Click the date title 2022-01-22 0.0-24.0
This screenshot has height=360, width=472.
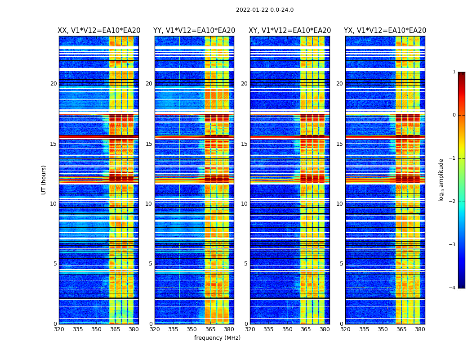pos(265,10)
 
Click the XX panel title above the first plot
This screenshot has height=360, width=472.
pos(99,31)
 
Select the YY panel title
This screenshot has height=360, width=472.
pos(194,31)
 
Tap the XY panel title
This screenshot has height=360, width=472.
pos(290,31)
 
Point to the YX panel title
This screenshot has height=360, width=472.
pos(385,31)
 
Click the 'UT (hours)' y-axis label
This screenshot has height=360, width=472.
pos(44,180)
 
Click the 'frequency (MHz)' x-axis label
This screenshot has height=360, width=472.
pos(217,338)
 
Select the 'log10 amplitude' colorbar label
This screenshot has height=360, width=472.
pos(441,180)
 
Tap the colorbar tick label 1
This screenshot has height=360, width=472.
pos(454,72)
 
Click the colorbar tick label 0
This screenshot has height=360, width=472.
pos(454,115)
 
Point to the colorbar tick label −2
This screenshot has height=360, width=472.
pos(453,202)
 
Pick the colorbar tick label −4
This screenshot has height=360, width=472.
pos(453,288)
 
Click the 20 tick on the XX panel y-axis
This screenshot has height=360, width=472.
pos(53,84)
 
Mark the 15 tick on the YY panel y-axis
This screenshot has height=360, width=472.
pos(149,144)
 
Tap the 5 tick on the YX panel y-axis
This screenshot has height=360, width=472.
pos(341,264)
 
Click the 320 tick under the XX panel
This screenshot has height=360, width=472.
pos(59,329)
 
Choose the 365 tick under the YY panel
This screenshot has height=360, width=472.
pos(211,329)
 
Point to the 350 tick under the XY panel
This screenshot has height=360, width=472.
pos(287,329)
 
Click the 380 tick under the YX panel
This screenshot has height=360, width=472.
pos(420,329)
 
